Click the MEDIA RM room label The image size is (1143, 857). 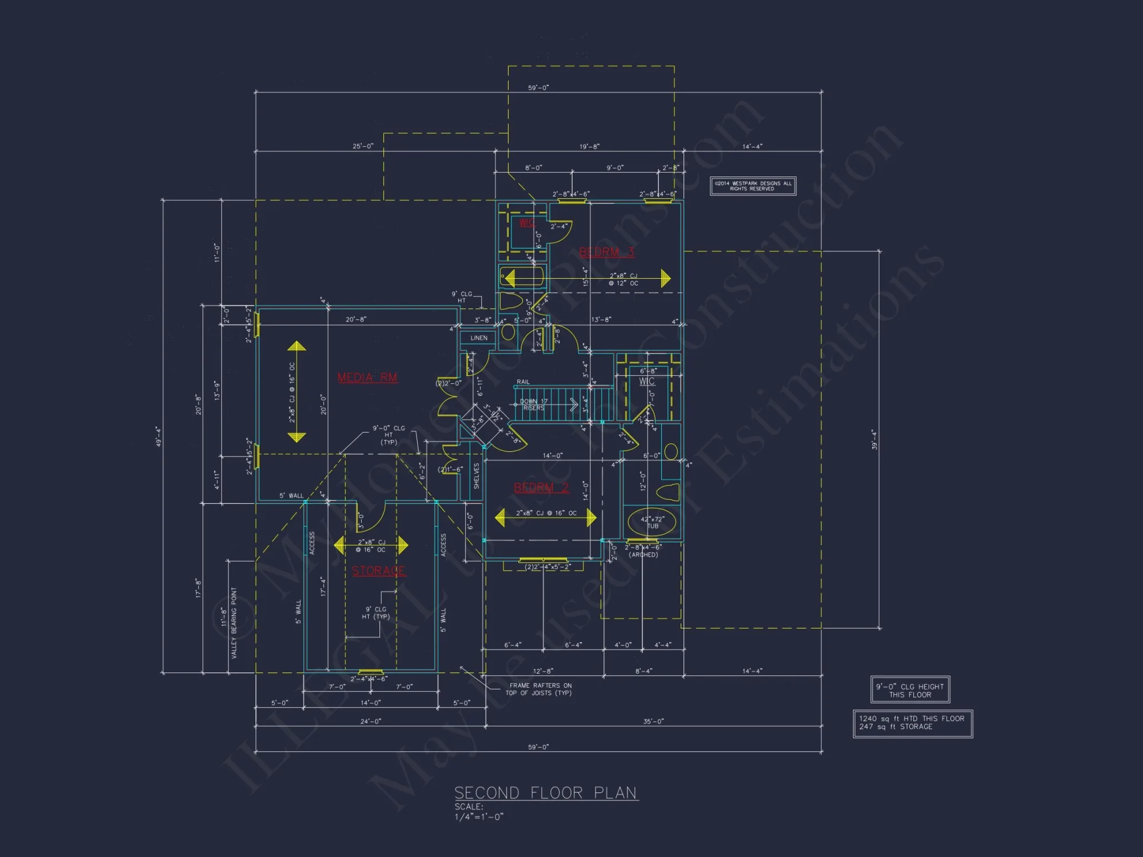367,378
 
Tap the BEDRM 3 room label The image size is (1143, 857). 606,252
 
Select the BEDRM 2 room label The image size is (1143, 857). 541,487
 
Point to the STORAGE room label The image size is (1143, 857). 378,571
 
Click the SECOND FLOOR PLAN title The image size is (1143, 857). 545,793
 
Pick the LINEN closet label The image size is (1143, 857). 479,338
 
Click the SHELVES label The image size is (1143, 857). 477,476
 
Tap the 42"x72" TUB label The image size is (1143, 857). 652,522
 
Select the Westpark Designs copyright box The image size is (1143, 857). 753,186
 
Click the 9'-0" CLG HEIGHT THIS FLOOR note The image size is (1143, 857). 910,690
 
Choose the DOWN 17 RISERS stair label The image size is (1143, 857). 534,405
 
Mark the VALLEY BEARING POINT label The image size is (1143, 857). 234,623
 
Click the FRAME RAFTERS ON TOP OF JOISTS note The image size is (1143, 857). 539,689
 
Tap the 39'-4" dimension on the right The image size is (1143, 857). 874,439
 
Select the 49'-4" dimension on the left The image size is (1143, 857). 158,436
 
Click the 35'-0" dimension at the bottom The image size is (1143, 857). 653,722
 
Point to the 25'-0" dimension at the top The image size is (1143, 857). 363,146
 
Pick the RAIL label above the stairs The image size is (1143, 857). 523,382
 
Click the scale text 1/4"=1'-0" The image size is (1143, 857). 479,817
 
